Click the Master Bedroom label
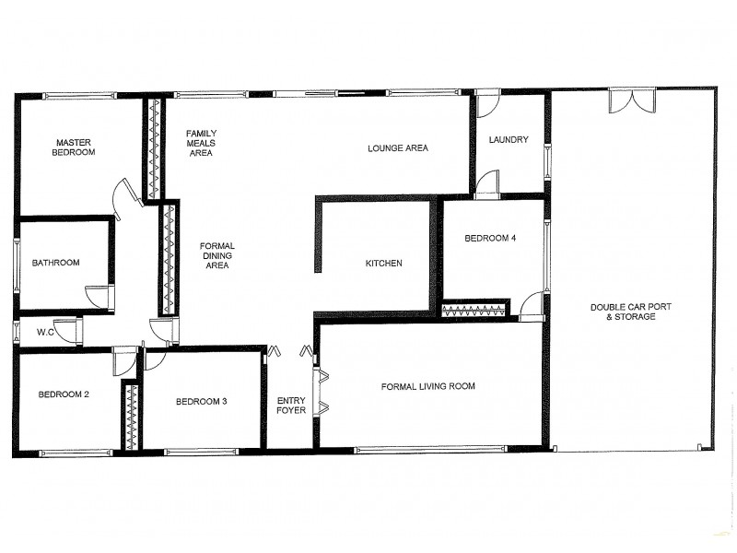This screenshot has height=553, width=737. tap(76, 147)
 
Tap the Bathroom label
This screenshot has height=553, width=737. tap(56, 263)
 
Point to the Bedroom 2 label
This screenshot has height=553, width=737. tap(64, 394)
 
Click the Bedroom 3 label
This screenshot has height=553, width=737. tap(202, 401)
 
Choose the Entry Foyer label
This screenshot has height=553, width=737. tap(292, 406)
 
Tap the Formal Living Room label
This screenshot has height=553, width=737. tap(428, 386)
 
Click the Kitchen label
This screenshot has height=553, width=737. tap(384, 264)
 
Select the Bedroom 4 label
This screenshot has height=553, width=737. tap(490, 238)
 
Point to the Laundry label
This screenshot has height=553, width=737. tap(509, 140)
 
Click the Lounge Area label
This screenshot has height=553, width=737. tap(398, 147)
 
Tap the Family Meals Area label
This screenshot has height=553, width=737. tap(201, 143)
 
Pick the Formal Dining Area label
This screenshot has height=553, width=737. tap(217, 255)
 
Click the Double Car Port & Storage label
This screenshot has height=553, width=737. tap(624, 312)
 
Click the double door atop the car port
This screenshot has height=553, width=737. tap(632, 100)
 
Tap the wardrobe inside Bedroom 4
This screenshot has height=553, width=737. tap(474, 310)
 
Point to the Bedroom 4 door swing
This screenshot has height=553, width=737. tap(532, 305)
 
